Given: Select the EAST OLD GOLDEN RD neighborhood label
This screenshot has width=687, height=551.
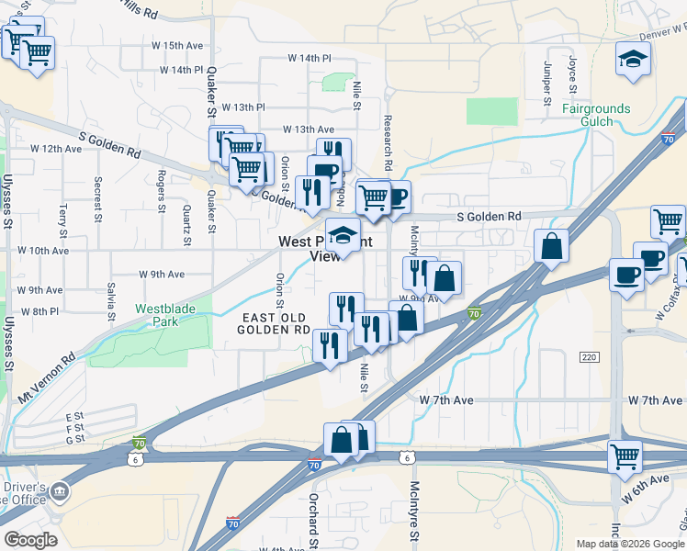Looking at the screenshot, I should tap(276, 323).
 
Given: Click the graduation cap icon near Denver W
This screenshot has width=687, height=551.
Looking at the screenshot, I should tap(632, 61).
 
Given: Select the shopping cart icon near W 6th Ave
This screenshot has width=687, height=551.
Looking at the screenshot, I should tap(625, 455).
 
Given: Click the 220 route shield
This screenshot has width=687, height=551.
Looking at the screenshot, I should tap(589, 355).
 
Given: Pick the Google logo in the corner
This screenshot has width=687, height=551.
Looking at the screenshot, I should tap(31, 540).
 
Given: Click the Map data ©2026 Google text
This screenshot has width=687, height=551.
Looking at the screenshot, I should tap(630, 544).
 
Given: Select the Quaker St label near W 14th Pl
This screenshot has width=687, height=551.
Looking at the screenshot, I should tap(210, 92).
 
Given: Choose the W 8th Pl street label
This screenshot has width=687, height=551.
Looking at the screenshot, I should tap(39, 312).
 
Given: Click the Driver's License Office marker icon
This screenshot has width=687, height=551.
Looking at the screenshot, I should tap(60, 492).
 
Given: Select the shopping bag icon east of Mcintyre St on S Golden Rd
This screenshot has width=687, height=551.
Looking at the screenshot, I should tap(551, 247).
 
